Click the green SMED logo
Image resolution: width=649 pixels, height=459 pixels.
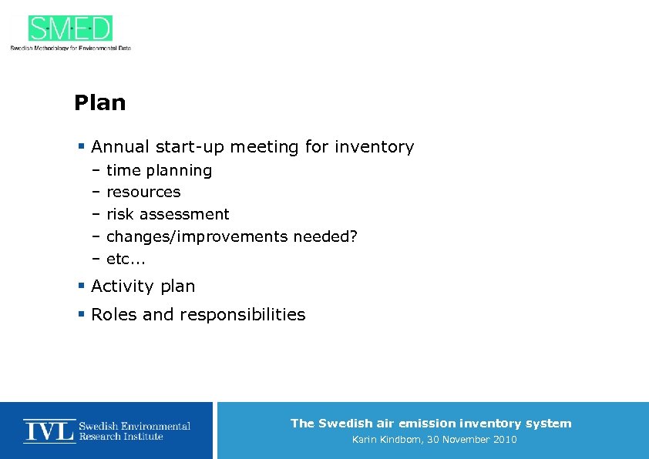point(70,28)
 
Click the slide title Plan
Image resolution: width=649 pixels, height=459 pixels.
point(99,103)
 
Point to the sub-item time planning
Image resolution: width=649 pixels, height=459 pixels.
point(159,170)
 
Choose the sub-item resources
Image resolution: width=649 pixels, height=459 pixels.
point(143,192)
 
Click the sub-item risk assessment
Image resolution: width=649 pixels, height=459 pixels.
point(167,214)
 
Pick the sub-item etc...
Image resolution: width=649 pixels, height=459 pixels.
point(126,259)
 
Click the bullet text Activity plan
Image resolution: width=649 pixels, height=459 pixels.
point(143,286)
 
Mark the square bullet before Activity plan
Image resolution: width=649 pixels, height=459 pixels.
point(81,286)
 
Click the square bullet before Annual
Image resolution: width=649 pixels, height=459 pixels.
point(81,146)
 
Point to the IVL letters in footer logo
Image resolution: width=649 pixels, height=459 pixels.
point(49,431)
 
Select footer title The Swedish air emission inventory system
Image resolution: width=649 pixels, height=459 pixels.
point(431,423)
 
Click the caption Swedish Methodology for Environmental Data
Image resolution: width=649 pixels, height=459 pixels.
point(70,48)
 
